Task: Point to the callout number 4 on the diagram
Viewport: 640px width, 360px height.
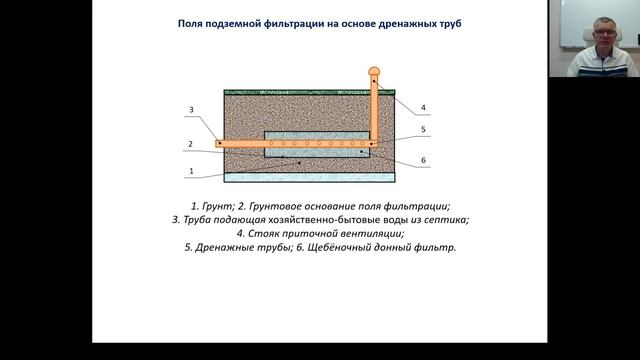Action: (x=424, y=107)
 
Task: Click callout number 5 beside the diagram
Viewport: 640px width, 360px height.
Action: (x=423, y=129)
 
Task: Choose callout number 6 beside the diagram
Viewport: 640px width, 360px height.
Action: (x=423, y=160)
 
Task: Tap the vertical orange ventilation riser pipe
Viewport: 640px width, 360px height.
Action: (x=374, y=110)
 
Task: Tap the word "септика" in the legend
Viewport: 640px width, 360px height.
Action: (x=446, y=219)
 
